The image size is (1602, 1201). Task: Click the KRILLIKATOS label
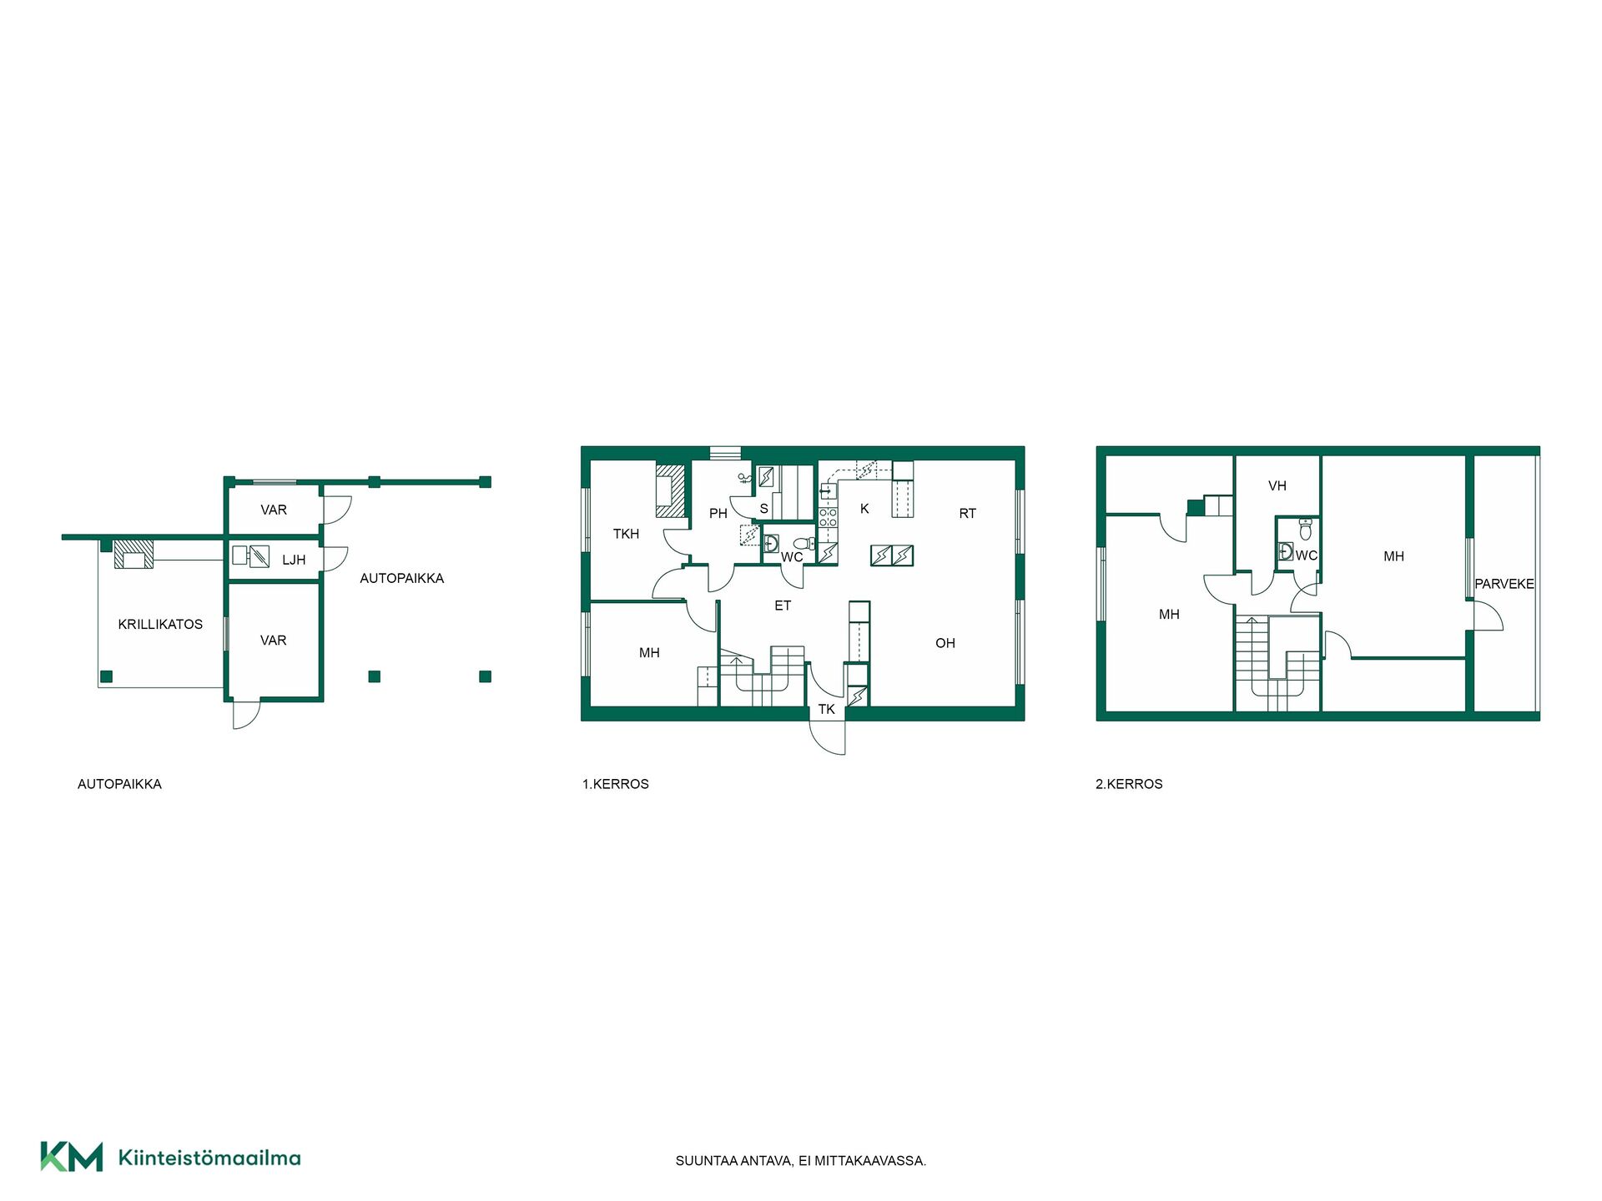pos(160,624)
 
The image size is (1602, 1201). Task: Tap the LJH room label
pos(294,560)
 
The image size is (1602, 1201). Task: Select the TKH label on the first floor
pos(626,534)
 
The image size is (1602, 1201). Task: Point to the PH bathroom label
pos(718,514)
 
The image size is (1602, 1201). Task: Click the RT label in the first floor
pos(967,514)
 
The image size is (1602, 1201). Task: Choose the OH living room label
pos(945,643)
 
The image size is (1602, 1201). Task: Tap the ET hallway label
pos(782,606)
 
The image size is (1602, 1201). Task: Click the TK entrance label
pos(826,710)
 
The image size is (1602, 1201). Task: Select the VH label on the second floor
pos(1277,485)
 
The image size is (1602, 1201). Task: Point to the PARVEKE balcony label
pos(1504,584)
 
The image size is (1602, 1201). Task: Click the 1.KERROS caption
pos(615,784)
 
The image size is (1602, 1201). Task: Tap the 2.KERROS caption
pos(1128,784)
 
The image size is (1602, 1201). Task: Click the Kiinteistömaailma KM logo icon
pos(72,1157)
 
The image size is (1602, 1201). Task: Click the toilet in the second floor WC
pos(1306,529)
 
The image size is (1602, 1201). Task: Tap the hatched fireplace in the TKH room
pos(670,490)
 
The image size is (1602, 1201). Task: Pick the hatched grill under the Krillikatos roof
pos(133,554)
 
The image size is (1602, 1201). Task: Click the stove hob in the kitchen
pos(827,517)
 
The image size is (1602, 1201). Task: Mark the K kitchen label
pos(864,509)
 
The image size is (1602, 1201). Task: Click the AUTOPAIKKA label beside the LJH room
pos(401,578)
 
